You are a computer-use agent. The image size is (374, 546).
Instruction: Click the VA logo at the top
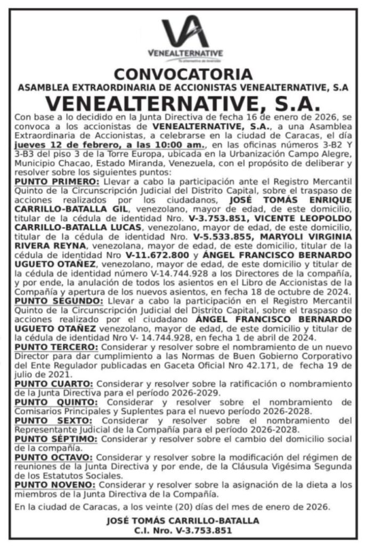click(x=186, y=34)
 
